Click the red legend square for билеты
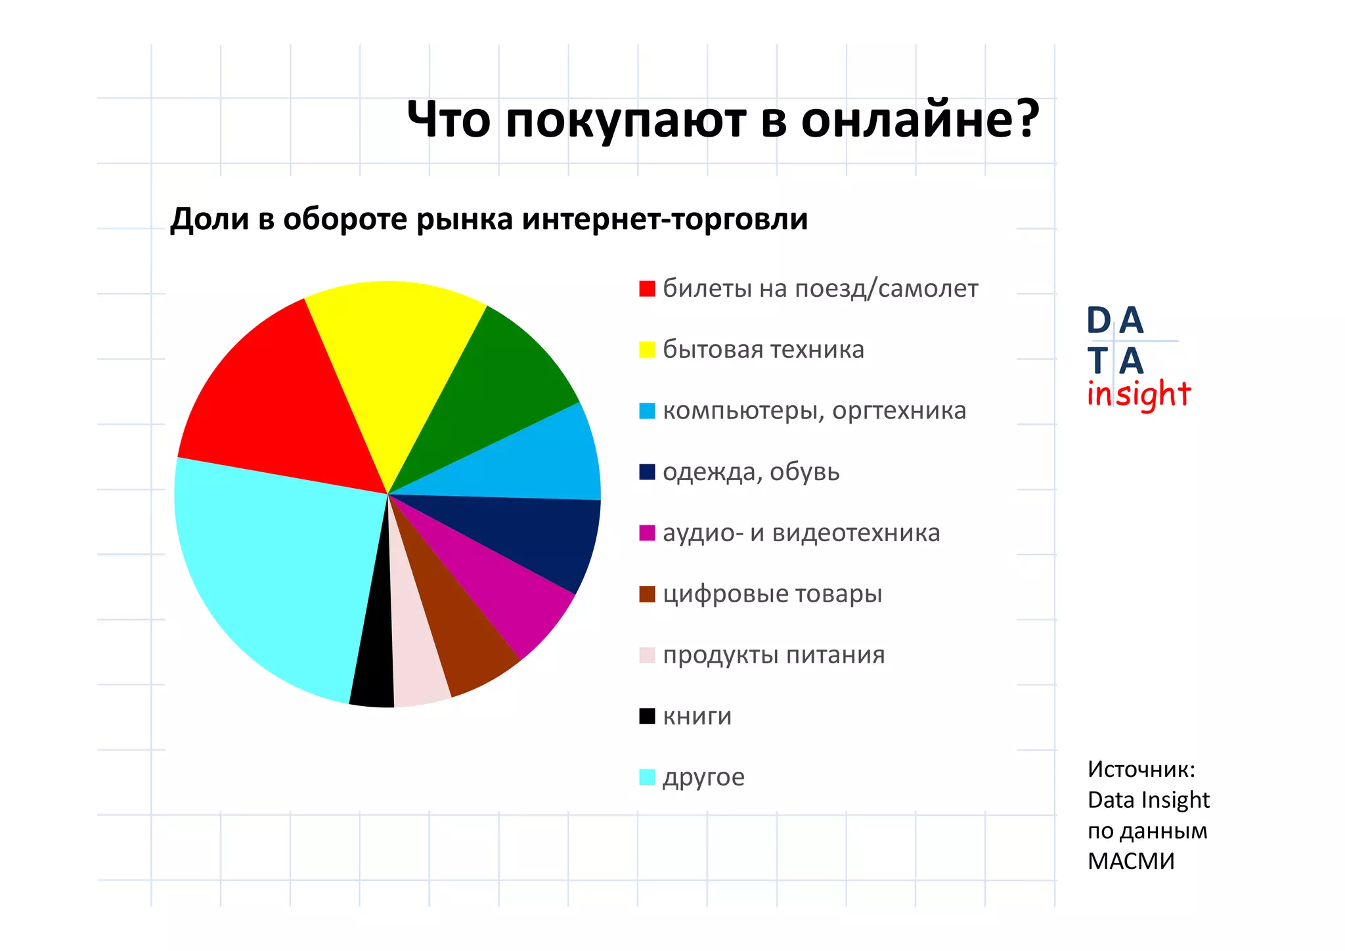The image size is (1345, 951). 647,289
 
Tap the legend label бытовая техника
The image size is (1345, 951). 763,349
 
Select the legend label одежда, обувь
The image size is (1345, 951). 751,472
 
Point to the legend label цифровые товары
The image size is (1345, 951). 772,594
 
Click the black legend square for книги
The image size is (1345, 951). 647,716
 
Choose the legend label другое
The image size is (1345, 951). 703,777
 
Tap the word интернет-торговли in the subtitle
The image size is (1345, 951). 665,219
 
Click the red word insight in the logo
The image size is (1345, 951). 1138,394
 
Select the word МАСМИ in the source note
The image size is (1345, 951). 1131,861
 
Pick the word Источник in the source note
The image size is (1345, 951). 1141,769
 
